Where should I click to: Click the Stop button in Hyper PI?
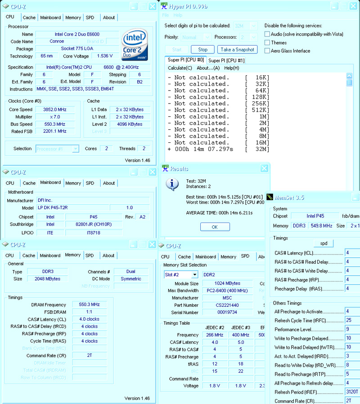pos(202,50)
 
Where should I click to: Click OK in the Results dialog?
pos(214,227)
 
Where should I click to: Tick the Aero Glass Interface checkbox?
pos(267,51)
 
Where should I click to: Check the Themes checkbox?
pos(267,43)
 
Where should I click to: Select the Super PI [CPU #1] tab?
pos(226,60)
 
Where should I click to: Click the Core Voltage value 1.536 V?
pos(104,56)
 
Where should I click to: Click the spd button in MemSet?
pos(324,243)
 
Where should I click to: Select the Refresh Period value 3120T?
pos(352,392)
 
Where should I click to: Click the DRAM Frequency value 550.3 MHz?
pos(90,305)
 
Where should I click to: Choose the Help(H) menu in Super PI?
pos(231,68)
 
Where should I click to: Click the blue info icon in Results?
pos(172,184)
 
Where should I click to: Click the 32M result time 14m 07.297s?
pos(207,149)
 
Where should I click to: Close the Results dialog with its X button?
pos(264,168)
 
